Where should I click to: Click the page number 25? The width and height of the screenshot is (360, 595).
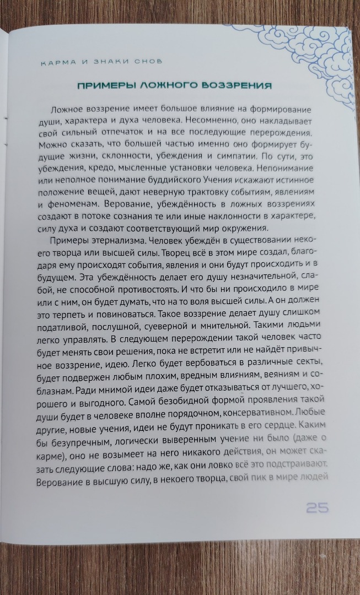click(x=317, y=508)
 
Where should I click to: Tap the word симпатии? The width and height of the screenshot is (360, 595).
click(x=237, y=159)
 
